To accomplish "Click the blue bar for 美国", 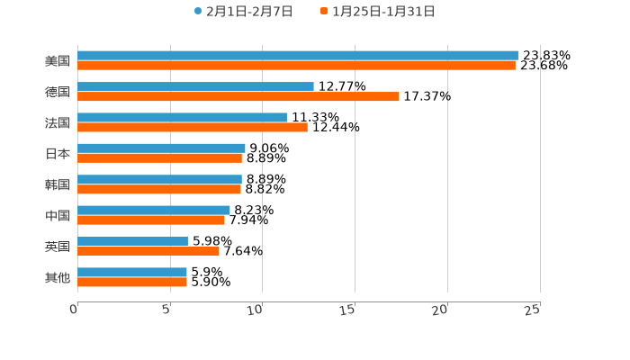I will tap(297, 56).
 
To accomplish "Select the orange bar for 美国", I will tap(296, 66).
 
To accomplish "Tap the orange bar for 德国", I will tap(238, 96).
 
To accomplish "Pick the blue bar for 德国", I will tap(195, 86).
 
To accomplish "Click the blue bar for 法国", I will tap(182, 117).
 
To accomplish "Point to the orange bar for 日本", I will tap(159, 158).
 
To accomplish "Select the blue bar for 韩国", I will tap(159, 179).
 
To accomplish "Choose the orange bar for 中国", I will tap(151, 220).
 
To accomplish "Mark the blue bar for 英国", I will tap(132, 241).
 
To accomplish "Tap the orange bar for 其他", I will tap(132, 282).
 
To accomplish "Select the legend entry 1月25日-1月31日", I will tap(377, 12).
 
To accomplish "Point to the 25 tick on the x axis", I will tap(533, 310).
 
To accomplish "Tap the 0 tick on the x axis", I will tap(75, 310).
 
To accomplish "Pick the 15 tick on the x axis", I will tap(348, 310).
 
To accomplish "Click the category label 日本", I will tap(58, 153).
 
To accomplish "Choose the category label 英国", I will tap(58, 247).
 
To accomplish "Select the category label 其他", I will tap(58, 277).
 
